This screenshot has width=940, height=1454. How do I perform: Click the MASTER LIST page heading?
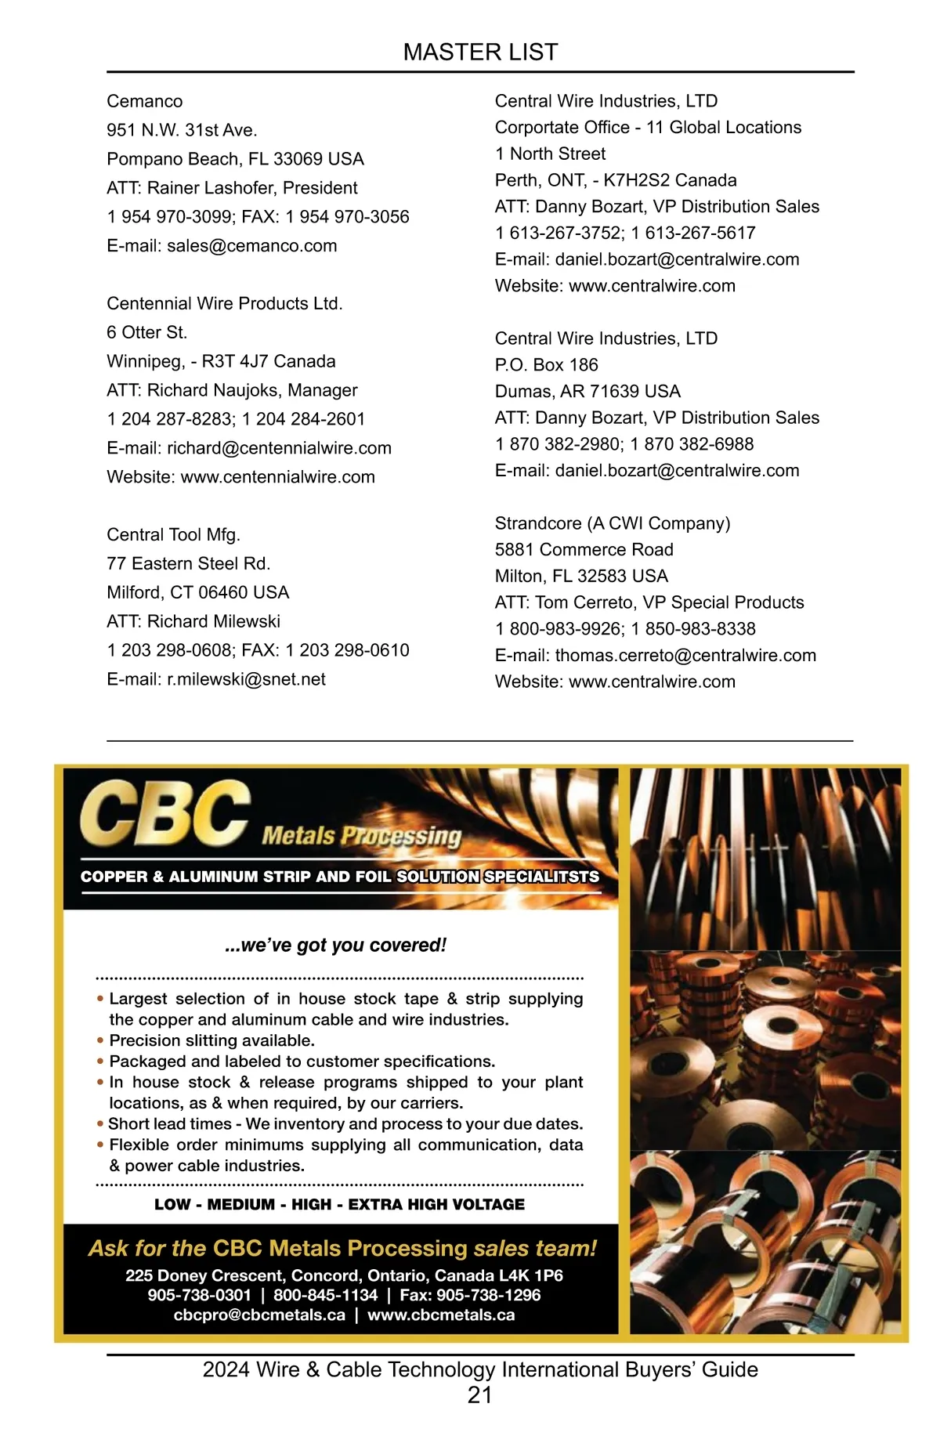click(480, 52)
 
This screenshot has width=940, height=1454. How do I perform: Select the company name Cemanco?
click(145, 102)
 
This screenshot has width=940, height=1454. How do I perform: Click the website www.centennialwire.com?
click(277, 477)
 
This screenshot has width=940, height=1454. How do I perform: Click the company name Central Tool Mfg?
click(173, 535)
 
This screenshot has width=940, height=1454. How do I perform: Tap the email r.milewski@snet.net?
click(246, 679)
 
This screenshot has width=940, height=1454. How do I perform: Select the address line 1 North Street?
click(550, 154)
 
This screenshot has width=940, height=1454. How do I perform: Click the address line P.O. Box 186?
click(546, 365)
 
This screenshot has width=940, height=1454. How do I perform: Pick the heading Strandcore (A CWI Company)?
click(612, 523)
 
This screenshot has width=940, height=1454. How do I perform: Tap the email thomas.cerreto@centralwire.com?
click(685, 656)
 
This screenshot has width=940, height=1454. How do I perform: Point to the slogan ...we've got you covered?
click(335, 946)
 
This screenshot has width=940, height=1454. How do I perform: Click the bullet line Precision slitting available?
click(211, 1041)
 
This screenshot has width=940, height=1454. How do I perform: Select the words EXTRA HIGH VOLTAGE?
click(436, 1205)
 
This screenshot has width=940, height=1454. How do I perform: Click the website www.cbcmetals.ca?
click(441, 1315)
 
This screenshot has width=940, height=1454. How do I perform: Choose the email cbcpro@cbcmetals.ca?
click(259, 1315)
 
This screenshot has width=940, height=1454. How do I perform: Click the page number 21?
click(479, 1395)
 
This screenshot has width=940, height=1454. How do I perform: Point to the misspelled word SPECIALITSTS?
click(541, 877)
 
